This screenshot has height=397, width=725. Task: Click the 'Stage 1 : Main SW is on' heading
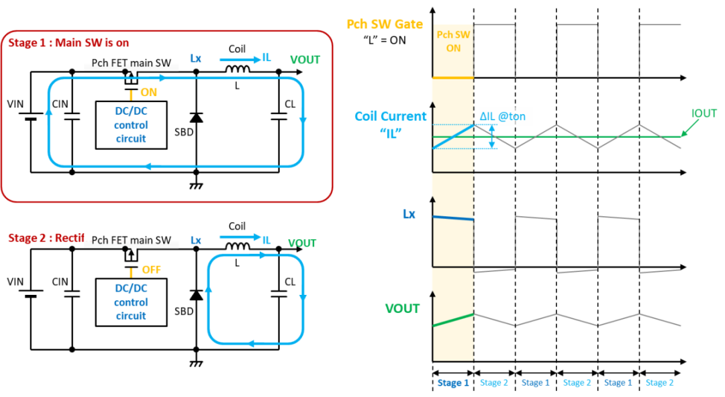(x=68, y=43)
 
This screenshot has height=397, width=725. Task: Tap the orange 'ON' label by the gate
(x=148, y=93)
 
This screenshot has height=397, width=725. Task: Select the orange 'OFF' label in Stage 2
(x=151, y=270)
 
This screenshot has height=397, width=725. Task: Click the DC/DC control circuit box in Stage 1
(x=131, y=125)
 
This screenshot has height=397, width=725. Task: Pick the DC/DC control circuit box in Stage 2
(x=131, y=302)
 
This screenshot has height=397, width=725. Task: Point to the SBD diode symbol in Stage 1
(x=196, y=118)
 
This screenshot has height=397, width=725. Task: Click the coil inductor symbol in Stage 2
(x=238, y=247)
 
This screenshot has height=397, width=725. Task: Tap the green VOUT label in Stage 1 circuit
(x=305, y=60)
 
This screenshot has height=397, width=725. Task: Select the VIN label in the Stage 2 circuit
(x=15, y=281)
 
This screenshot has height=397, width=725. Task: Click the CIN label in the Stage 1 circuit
(x=60, y=104)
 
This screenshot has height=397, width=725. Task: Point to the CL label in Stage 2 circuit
(x=290, y=281)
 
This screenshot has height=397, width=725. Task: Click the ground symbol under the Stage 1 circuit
(x=196, y=185)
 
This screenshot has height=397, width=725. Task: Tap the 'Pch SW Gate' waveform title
(x=385, y=24)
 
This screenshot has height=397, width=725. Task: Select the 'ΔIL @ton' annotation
(x=502, y=116)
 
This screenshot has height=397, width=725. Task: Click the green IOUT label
(x=704, y=114)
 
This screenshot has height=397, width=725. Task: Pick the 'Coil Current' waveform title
(x=390, y=116)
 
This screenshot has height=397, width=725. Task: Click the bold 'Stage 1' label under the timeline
(x=453, y=383)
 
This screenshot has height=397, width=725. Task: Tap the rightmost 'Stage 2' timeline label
(x=659, y=383)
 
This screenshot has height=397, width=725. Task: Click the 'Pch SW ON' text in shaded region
(x=453, y=41)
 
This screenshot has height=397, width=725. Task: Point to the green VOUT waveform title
(x=402, y=308)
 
